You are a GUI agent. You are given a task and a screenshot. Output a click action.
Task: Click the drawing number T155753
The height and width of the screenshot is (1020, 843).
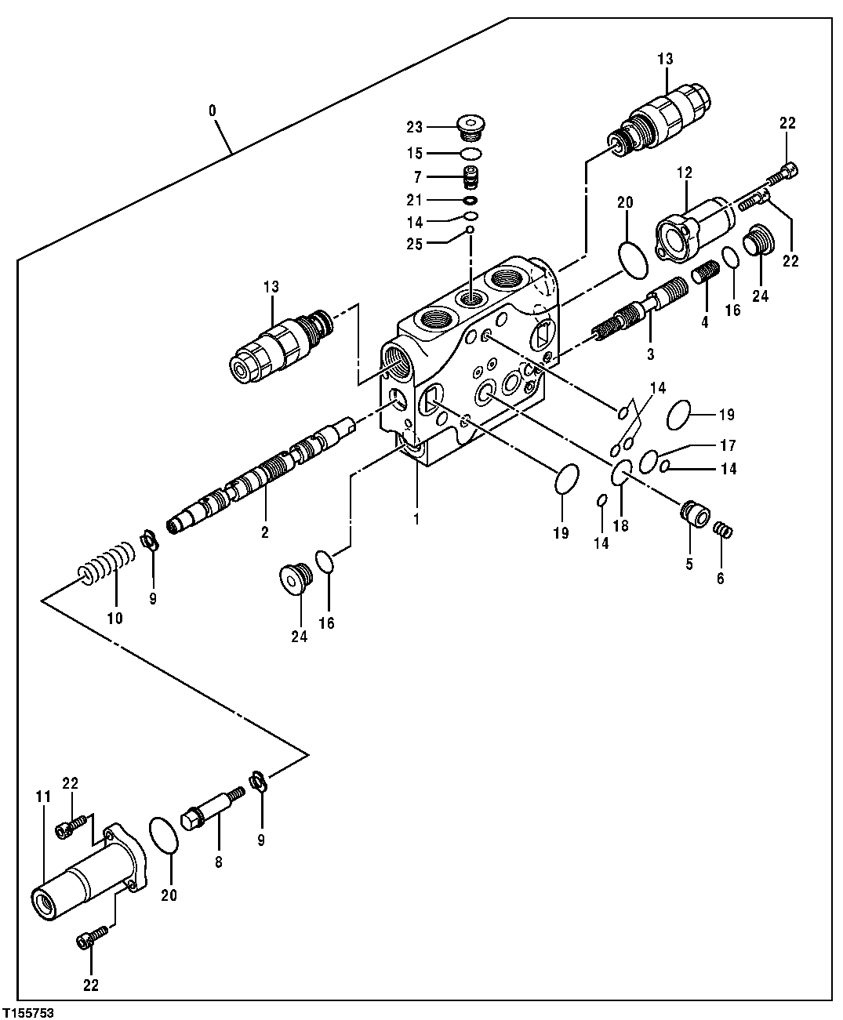(28, 1012)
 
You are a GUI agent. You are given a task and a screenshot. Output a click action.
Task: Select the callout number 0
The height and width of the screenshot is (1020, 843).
(213, 111)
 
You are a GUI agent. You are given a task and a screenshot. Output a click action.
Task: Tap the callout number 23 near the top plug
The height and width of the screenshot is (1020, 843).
(415, 127)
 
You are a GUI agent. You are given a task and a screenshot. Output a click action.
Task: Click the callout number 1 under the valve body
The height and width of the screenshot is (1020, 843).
(416, 519)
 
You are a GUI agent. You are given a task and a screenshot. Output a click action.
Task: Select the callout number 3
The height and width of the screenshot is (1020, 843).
(650, 354)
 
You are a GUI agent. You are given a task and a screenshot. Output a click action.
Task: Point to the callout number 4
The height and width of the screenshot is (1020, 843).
(705, 322)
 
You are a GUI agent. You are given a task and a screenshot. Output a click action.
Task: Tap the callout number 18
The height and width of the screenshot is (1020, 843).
(620, 525)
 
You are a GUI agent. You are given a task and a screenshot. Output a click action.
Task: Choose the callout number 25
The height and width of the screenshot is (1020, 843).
(415, 244)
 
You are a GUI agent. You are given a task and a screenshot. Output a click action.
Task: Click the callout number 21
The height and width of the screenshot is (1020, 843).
(415, 199)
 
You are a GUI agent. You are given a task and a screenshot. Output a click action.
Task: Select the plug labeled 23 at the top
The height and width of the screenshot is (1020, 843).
(471, 125)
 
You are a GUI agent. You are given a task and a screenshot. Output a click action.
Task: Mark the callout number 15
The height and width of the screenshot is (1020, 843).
(415, 153)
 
